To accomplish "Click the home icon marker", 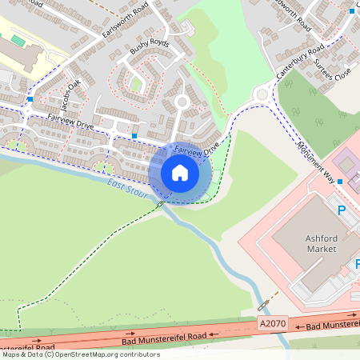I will (x=179, y=173).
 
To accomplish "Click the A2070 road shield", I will (x=271, y=322).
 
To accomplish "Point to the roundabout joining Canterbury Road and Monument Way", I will (x=262, y=94).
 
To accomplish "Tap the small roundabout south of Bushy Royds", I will (x=182, y=102).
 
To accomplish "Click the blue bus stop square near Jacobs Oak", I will (x=30, y=98).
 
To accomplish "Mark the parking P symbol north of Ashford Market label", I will (x=342, y=211).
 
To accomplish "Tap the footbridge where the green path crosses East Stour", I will (x=160, y=204).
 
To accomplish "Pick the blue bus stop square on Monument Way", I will (x=340, y=182).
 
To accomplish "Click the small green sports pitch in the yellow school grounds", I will (x=18, y=41).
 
